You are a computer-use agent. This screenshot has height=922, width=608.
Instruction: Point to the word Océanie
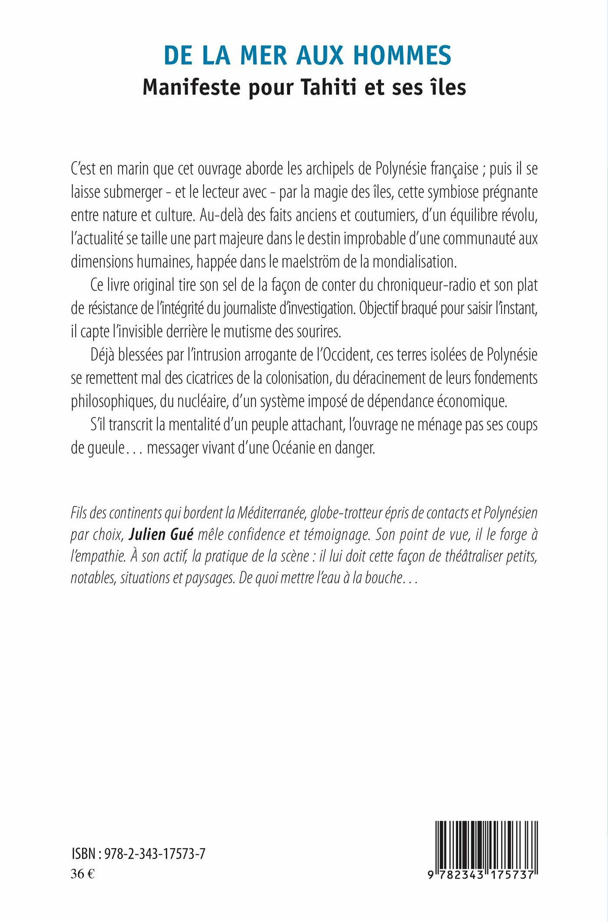[293, 448]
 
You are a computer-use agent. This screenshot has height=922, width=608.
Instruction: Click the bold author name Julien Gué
[161, 535]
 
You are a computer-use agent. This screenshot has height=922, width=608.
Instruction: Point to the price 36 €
[83, 873]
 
